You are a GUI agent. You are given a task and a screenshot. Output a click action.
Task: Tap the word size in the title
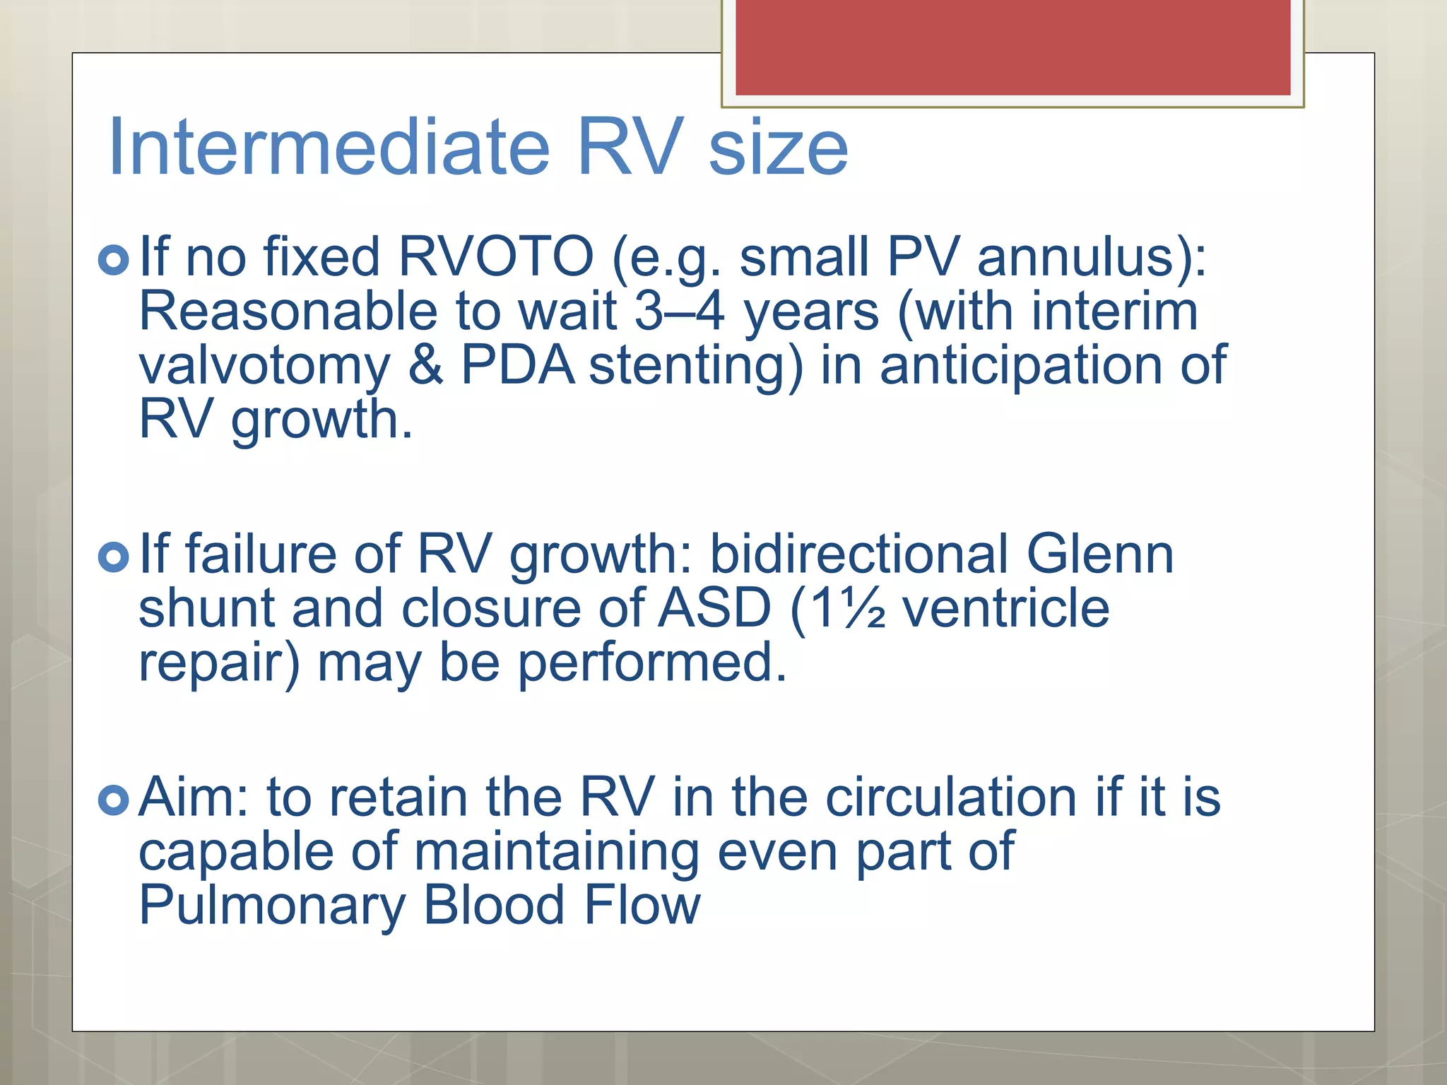pos(778,148)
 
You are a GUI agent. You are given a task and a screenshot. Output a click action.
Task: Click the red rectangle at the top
pos(1012,47)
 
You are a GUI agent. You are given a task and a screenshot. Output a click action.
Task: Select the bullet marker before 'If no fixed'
pos(114,260)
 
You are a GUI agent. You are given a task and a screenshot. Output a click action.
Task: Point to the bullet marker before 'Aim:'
pos(114,800)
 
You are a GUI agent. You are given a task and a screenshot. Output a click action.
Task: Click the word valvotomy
pos(264,367)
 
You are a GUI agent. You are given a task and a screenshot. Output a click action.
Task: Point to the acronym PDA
pos(518,365)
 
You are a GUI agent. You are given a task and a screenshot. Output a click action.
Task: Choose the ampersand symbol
pos(426,365)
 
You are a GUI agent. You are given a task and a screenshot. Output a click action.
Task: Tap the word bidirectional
pos(858,554)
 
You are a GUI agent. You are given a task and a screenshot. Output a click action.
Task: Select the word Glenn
pos(1099,554)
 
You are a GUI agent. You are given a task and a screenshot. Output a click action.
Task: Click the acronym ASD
pos(714,608)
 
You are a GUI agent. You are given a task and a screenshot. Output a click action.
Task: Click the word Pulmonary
pos(272,906)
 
